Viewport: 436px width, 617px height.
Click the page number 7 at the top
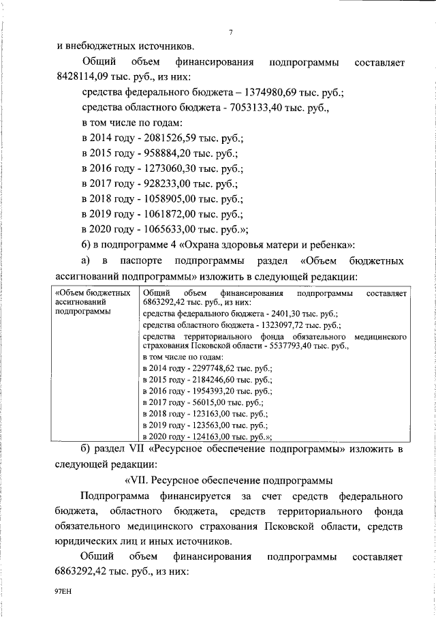pyautogui.click(x=232, y=32)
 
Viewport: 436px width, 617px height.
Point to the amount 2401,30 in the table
pyautogui.click(x=279, y=314)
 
